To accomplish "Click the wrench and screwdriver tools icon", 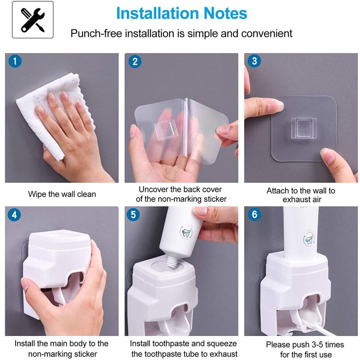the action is click(x=33, y=20).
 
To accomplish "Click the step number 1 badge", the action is click(x=15, y=61).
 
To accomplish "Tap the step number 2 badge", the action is click(x=135, y=61).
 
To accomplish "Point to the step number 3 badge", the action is click(x=254, y=61).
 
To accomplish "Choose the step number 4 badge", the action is click(x=14, y=215).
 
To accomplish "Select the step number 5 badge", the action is click(x=133, y=215).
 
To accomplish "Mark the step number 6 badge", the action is click(x=255, y=214).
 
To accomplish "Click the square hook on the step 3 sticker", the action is click(x=304, y=128).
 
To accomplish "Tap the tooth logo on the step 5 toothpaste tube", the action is click(x=186, y=232).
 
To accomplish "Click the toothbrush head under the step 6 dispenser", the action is click(x=309, y=316).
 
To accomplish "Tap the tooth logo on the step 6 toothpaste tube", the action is click(x=309, y=240).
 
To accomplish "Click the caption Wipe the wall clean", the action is click(x=62, y=194).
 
